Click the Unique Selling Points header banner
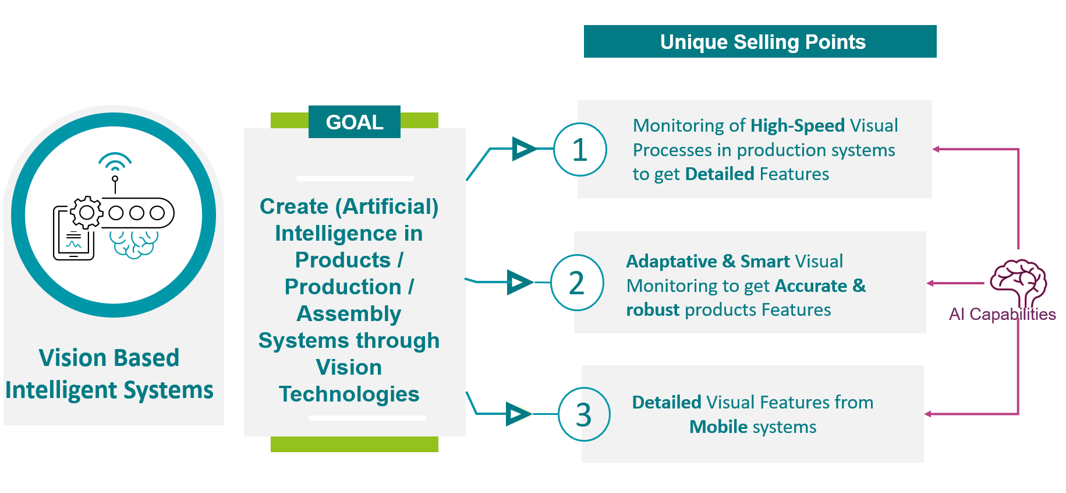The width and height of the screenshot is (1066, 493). click(760, 41)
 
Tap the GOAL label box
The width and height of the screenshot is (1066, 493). click(355, 122)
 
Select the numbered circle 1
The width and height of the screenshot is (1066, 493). click(580, 150)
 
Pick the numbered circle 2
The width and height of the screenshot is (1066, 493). click(577, 283)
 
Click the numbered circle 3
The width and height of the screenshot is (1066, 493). click(584, 414)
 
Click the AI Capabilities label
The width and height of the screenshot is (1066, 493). click(1002, 315)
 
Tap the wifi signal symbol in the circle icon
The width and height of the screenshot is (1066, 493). click(115, 161)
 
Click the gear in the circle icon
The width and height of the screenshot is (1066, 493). click(87, 212)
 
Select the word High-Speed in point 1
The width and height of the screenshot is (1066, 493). click(798, 125)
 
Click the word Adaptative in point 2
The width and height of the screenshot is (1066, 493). click(671, 261)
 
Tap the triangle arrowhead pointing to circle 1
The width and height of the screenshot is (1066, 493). click(525, 149)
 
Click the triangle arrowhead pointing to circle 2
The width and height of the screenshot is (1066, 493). click(520, 282)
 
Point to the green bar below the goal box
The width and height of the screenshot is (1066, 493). click(355, 444)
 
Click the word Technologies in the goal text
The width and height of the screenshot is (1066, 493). click(349, 395)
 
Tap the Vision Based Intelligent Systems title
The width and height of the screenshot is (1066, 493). click(109, 374)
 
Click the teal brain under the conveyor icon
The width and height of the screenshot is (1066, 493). click(134, 244)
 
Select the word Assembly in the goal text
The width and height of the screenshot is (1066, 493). click(349, 314)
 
